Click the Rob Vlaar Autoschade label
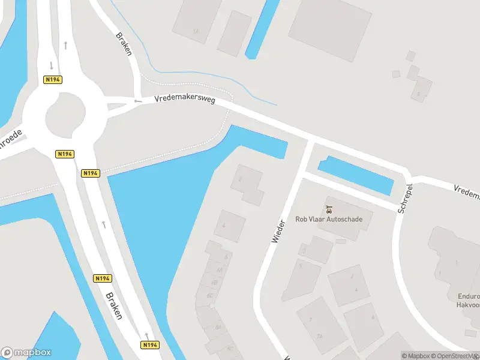[x=329, y=219]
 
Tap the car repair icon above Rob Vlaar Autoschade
[x=329, y=209]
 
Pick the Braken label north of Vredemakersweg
[x=124, y=43]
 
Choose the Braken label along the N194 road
[x=113, y=305]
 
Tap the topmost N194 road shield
[x=53, y=79]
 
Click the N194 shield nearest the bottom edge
[x=151, y=345]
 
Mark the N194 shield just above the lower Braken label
[x=103, y=278]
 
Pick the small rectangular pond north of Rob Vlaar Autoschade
[x=355, y=175]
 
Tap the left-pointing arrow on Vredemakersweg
[x=138, y=101]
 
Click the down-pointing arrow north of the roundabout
[x=52, y=65]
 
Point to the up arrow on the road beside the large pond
[x=104, y=224]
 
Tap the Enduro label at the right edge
[x=469, y=296]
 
